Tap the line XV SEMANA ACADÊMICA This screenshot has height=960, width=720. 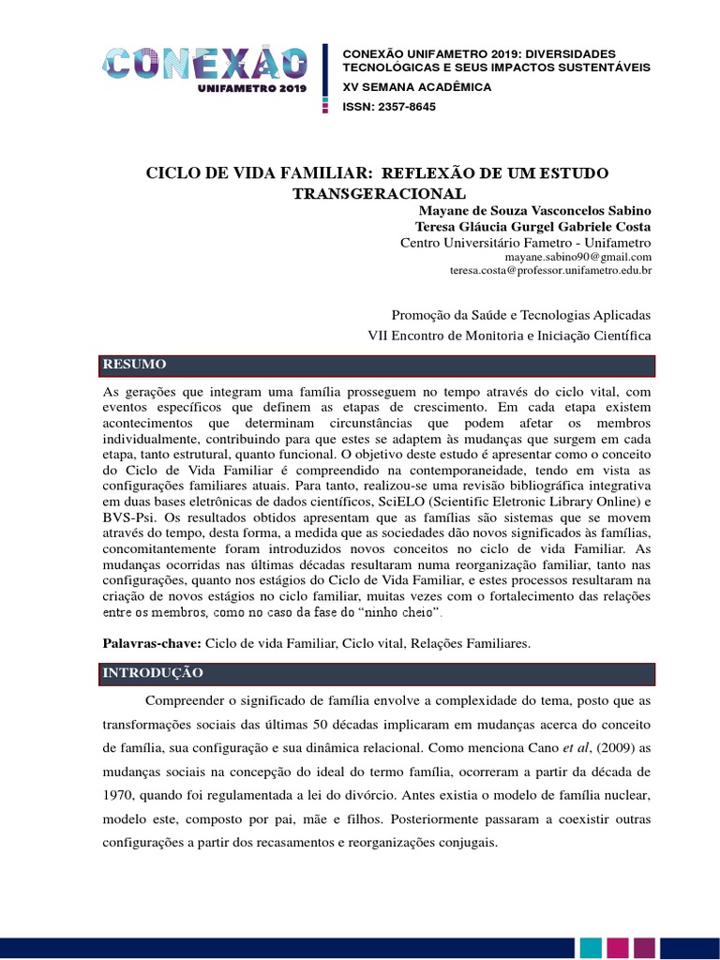[x=416, y=87]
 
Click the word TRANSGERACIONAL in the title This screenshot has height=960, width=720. [x=378, y=193]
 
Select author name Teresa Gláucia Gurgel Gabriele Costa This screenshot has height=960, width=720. [x=532, y=227]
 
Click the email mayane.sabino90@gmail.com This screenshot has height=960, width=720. [x=577, y=256]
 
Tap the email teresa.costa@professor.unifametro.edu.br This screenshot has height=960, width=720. [x=551, y=270]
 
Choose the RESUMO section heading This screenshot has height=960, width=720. [x=135, y=364]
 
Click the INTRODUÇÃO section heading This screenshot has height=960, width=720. [x=152, y=673]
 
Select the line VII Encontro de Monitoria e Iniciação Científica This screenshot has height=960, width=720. [x=509, y=335]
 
